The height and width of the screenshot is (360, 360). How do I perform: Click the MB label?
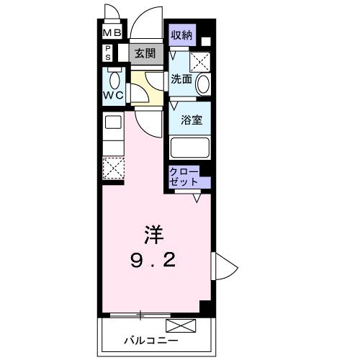tap(111, 33)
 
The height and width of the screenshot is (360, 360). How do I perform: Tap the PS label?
tap(108, 53)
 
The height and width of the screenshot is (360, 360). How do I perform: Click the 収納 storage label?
tap(181, 35)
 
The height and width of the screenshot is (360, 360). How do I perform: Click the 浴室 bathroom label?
tap(190, 120)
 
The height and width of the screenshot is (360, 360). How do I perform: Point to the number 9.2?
tap(151, 260)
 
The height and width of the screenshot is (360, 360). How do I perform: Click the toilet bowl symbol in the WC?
tap(113, 78)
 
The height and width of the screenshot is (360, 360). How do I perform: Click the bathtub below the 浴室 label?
tap(189, 147)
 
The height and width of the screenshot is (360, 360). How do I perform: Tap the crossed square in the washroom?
tap(203, 60)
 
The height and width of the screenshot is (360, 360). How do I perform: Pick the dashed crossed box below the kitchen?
tap(112, 166)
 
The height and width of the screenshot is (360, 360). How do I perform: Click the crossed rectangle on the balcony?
tap(181, 326)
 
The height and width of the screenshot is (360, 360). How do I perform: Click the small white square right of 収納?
tap(205, 42)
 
